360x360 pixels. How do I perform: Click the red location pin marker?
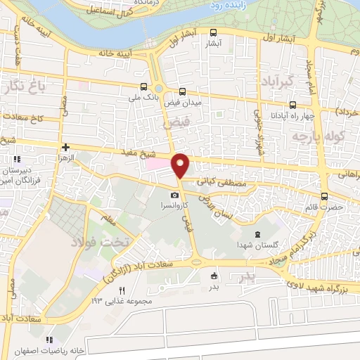(x=181, y=165)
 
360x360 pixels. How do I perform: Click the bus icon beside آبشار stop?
(x=214, y=32)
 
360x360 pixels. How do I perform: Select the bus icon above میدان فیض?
(x=183, y=91)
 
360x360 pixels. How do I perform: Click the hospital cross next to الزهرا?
(x=65, y=148)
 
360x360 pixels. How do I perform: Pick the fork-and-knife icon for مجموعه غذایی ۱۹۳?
(x=122, y=291)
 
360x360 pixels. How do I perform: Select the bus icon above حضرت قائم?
(x=324, y=197)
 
